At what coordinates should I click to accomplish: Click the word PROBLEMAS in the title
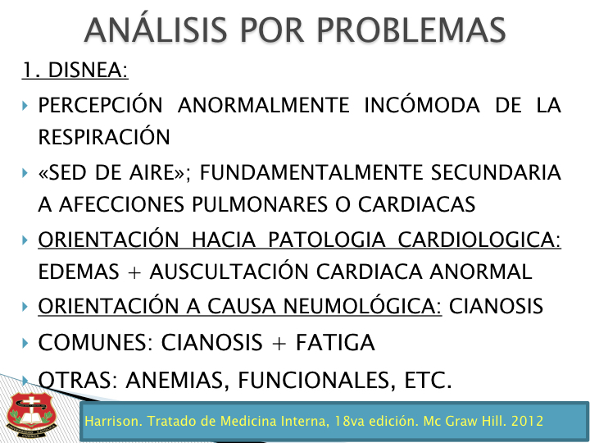click(x=411, y=30)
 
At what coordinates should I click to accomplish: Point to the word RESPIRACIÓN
click(x=104, y=136)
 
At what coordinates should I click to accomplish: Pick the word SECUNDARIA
click(x=496, y=172)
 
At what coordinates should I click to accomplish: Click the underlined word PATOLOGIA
click(x=327, y=240)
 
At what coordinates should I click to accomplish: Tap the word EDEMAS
click(x=79, y=272)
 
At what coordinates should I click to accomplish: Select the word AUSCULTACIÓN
click(x=229, y=271)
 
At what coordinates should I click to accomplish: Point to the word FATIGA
click(x=335, y=342)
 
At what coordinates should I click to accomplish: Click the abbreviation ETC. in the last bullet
click(x=429, y=380)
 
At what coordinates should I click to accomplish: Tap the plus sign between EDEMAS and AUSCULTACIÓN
click(x=134, y=272)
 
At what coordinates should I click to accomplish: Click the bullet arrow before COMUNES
click(x=25, y=343)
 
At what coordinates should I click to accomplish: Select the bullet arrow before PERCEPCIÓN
click(x=25, y=106)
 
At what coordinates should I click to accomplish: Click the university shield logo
click(x=31, y=415)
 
